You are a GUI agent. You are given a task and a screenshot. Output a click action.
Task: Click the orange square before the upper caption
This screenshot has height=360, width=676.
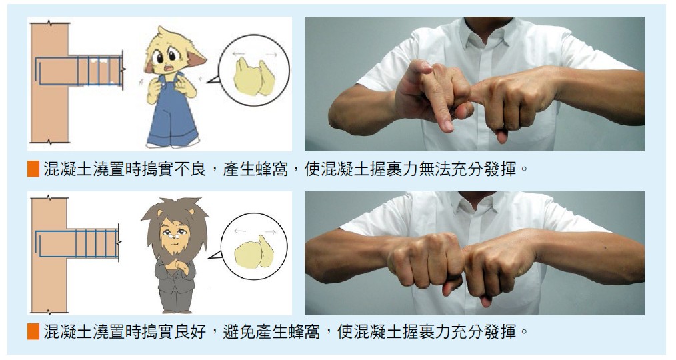click(33, 169)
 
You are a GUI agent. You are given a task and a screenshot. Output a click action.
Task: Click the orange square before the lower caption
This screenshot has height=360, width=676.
click(33, 331)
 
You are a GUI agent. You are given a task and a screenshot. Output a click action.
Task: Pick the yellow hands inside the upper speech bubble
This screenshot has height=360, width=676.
click(255, 77)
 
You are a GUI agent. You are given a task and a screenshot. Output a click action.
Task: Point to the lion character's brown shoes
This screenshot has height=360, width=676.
click(177, 311)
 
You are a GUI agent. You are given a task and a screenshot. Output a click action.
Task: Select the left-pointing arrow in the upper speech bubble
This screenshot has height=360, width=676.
click(239, 54)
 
